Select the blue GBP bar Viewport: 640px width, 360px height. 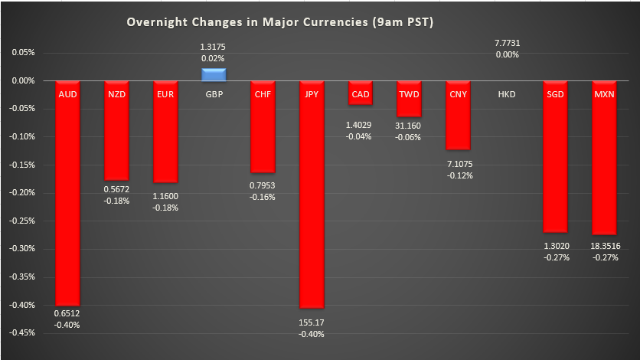pyautogui.click(x=214, y=74)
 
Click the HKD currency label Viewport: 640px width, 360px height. pyautogui.click(x=506, y=94)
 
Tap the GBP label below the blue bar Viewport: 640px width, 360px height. pyautogui.click(x=214, y=94)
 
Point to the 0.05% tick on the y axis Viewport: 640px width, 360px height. pyautogui.click(x=22, y=53)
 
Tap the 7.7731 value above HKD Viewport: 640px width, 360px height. pyautogui.click(x=507, y=43)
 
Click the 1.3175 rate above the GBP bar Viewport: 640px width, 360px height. pyautogui.click(x=214, y=47)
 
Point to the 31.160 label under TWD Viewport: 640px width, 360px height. pyautogui.click(x=409, y=126)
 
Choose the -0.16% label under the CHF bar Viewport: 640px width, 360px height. pyautogui.click(x=263, y=197)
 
